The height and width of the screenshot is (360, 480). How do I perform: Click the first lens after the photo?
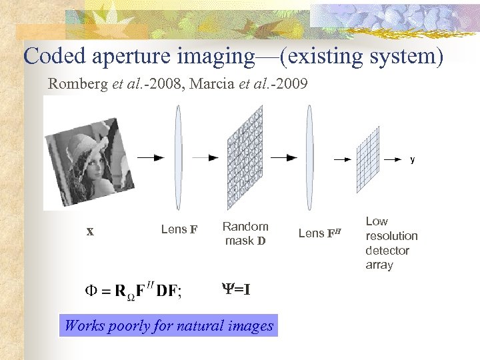click(x=178, y=157)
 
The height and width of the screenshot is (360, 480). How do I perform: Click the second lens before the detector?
click(x=309, y=157)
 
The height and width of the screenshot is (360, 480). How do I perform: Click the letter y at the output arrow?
click(x=413, y=160)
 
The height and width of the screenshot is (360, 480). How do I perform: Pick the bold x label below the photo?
click(x=90, y=232)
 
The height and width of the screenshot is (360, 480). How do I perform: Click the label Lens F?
click(x=179, y=230)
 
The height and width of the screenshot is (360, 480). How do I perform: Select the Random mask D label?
click(x=245, y=233)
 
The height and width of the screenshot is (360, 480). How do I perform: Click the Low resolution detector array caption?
click(x=391, y=243)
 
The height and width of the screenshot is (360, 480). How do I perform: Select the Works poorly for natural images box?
click(x=169, y=326)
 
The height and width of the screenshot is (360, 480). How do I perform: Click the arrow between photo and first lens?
click(x=150, y=158)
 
